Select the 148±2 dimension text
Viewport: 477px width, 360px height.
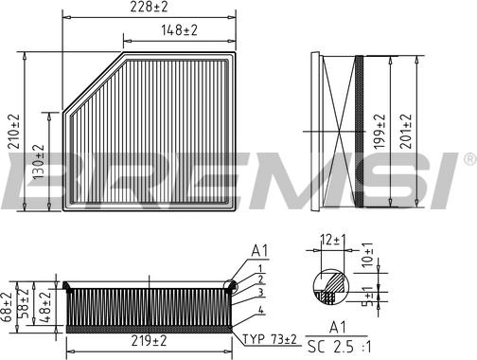[x=178, y=31]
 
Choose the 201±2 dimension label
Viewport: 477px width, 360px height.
[x=408, y=132]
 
